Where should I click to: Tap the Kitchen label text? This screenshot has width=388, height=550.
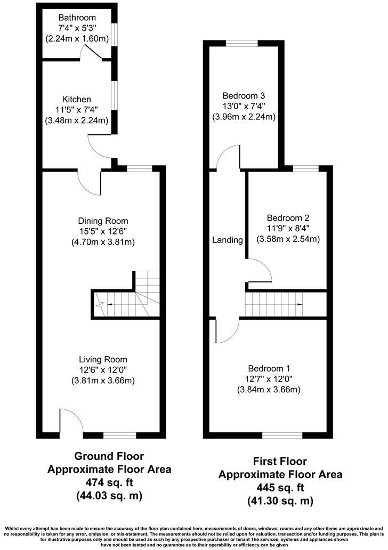77,100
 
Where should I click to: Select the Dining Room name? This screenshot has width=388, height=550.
103,221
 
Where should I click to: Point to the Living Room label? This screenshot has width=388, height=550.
103,359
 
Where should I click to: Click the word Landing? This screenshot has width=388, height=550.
227,240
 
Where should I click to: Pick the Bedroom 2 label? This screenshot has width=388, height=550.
288,218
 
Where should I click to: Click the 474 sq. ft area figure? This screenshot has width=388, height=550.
109,483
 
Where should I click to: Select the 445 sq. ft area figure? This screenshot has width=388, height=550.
280,488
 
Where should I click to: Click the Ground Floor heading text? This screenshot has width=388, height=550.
109,456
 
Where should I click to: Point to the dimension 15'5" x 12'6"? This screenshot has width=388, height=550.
103,231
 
